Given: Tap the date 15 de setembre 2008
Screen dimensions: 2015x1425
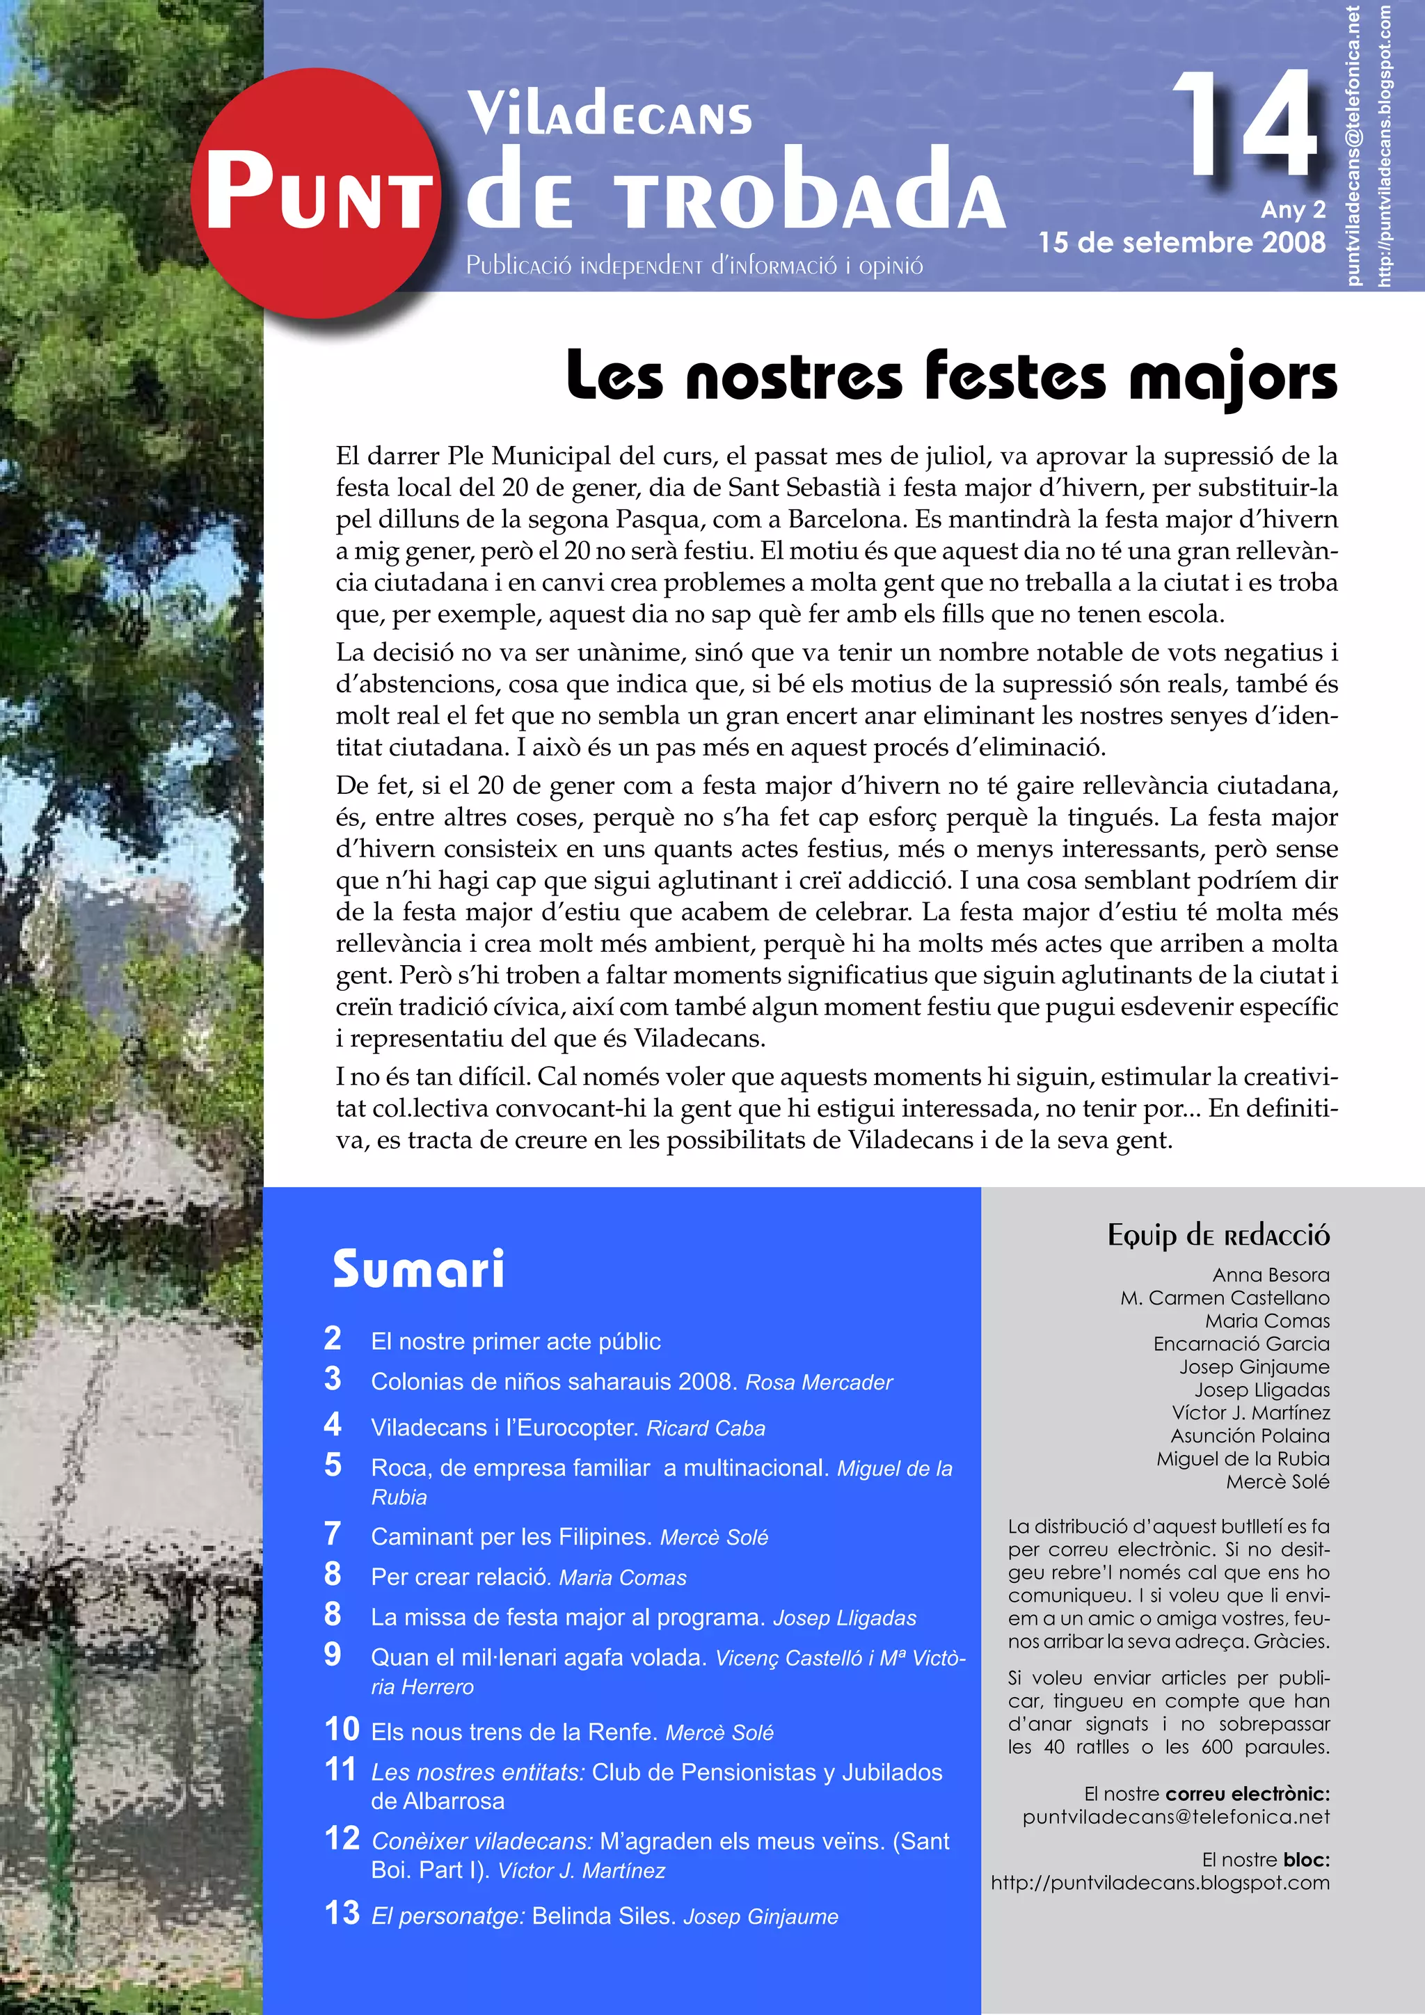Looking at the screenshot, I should coord(1181,242).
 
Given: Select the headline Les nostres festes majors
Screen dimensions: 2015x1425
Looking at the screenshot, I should coord(951,376).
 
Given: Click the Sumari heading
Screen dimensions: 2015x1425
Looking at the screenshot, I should coord(419,1270).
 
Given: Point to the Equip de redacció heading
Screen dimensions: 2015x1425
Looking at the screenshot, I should coord(1218,1236).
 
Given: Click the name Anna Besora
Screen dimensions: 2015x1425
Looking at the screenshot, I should coord(1271,1275).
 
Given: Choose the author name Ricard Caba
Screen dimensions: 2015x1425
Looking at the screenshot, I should coord(706,1428).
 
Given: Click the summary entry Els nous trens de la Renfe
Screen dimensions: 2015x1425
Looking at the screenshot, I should coord(514,1733).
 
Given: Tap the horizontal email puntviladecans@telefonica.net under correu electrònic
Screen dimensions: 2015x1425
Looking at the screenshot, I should coord(1176,1817).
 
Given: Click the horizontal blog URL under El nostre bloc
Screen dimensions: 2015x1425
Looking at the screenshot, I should coord(1160,1883).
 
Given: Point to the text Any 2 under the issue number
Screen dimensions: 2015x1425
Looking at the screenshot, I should coord(1293,209).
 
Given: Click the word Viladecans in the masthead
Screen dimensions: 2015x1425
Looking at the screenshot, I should coord(609,115).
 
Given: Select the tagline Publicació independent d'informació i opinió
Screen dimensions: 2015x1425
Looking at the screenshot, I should coord(694,265).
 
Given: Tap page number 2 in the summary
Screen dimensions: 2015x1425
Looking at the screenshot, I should coord(333,1339).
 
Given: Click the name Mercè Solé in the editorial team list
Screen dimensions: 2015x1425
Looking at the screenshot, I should coord(1277,1482).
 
